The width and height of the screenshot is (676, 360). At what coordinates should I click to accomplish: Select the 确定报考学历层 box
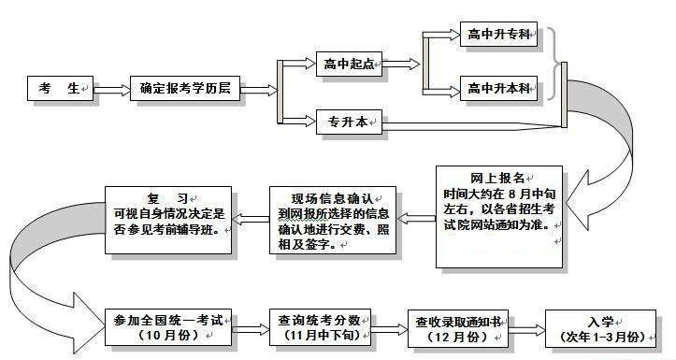(x=185, y=90)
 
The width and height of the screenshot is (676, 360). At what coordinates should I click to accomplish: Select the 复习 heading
(x=167, y=197)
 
